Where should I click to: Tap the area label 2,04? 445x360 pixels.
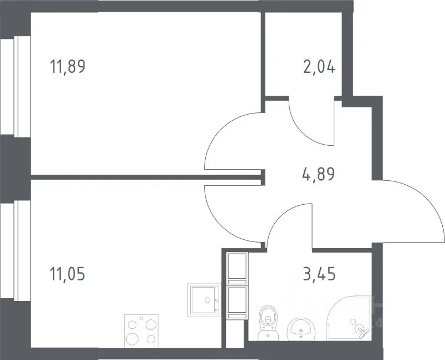click(319, 67)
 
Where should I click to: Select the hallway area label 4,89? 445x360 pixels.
click(319, 174)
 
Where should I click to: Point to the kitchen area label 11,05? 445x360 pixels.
click(67, 274)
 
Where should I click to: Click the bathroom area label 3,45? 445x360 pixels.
click(319, 274)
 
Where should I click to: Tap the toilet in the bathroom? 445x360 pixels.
click(268, 323)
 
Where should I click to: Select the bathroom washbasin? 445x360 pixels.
click(301, 329)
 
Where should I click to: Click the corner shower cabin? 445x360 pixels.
click(349, 318)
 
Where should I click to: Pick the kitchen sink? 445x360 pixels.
click(204, 300)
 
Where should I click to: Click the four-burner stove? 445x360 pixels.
click(141, 331)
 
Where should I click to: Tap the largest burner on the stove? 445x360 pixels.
click(132, 339)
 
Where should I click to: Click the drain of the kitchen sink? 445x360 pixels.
click(207, 300)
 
